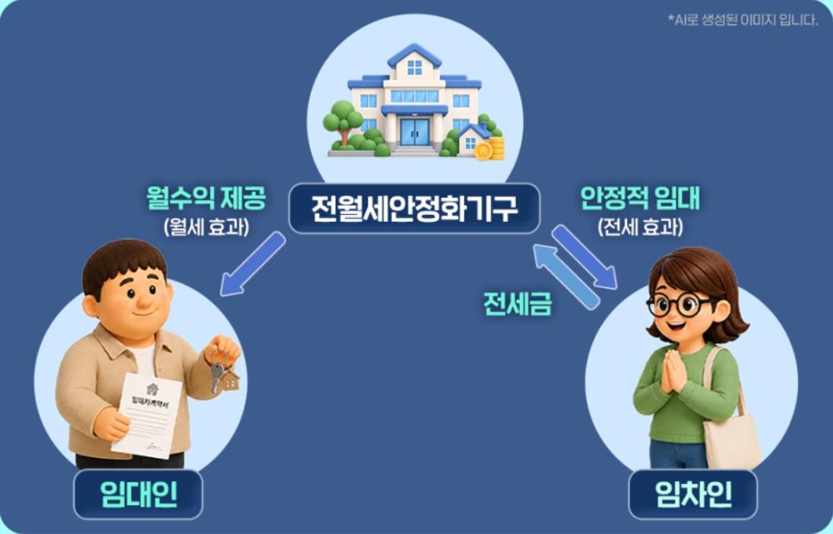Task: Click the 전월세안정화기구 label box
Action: coord(414,208)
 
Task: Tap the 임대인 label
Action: coord(138,495)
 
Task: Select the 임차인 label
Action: coord(692,495)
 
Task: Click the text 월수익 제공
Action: coord(206,198)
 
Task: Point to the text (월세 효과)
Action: coord(207,227)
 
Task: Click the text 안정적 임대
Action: coord(640,198)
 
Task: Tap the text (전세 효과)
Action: coord(640,227)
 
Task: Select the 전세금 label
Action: coord(518,304)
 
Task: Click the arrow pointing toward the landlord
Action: coord(253,264)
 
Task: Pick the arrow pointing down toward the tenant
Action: coord(584,257)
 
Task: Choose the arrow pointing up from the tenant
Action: coord(566,276)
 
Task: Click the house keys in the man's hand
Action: coord(223,369)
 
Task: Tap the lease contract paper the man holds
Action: coord(147,416)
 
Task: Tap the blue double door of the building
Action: coord(414,131)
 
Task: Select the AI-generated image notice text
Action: coord(743,21)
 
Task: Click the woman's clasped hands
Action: coord(673,371)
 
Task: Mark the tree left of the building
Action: coord(342,122)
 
